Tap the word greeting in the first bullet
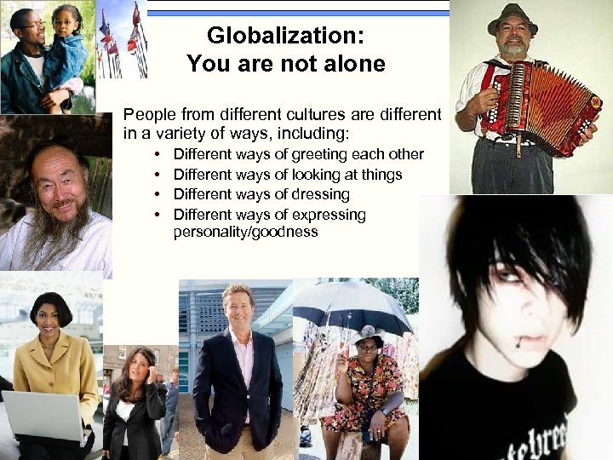tap(319, 154)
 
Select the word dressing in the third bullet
tap(320, 194)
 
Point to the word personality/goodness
tap(245, 231)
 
